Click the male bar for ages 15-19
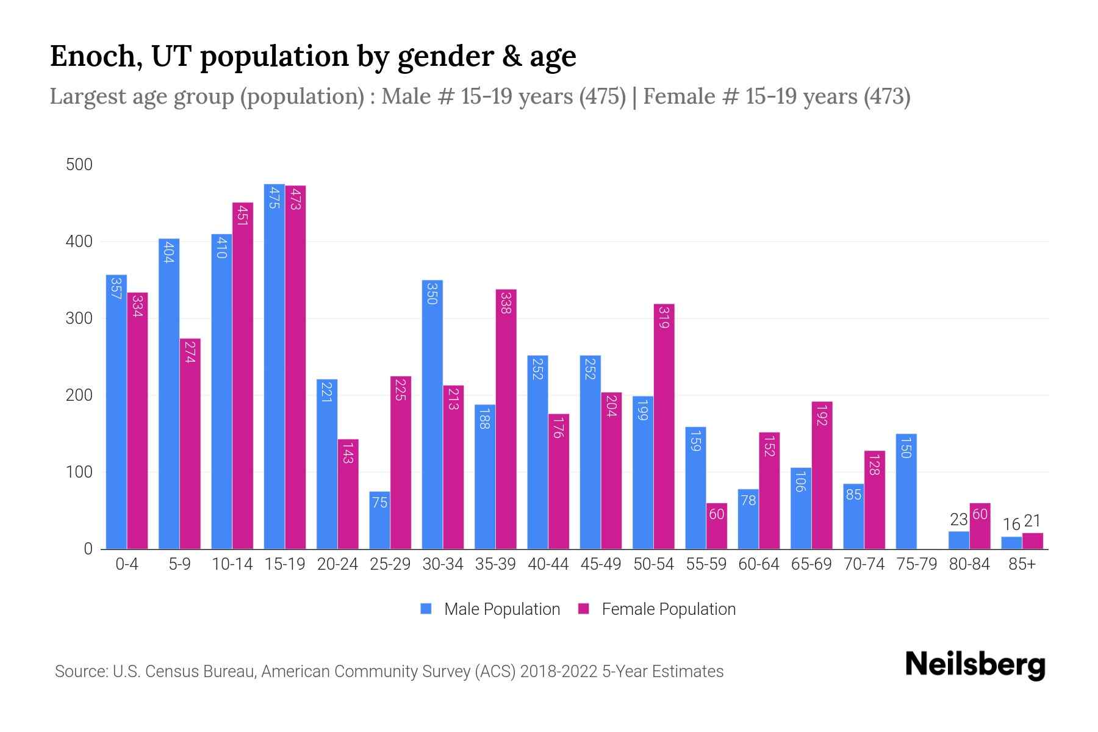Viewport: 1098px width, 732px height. tap(274, 366)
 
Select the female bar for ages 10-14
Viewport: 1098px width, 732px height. tap(242, 375)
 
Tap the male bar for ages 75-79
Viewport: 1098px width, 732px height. tap(906, 491)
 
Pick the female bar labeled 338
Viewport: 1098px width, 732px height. tap(506, 419)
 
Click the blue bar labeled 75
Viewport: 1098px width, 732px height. tap(379, 520)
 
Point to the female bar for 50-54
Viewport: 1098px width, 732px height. tap(664, 426)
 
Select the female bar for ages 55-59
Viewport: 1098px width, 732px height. tap(717, 526)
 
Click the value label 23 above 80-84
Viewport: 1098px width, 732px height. tap(959, 520)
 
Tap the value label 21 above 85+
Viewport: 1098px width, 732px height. tap(1032, 521)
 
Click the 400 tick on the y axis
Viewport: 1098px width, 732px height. tap(79, 242)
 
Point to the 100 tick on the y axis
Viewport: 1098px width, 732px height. tap(79, 472)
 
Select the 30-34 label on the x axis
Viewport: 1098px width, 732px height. tap(443, 564)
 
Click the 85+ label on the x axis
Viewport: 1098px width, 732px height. tap(1022, 564)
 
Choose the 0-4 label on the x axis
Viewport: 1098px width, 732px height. tap(127, 564)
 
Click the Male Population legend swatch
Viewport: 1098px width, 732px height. tap(426, 609)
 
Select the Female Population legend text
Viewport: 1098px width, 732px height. tap(669, 609)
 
